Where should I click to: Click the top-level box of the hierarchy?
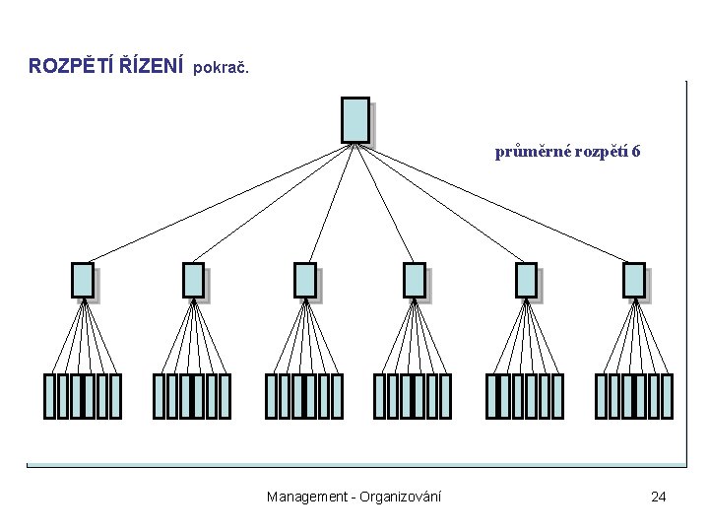click(x=354, y=119)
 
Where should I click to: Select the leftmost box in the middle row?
click(x=83, y=280)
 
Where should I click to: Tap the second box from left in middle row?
click(x=194, y=280)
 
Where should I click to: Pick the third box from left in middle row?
click(x=305, y=280)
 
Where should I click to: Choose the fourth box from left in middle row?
click(x=415, y=280)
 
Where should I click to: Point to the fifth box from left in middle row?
click(x=527, y=280)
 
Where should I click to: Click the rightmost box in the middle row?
click(x=634, y=280)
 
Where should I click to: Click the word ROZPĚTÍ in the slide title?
click(x=66, y=67)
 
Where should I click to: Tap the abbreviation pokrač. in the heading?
click(x=222, y=69)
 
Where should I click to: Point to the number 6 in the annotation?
click(x=637, y=153)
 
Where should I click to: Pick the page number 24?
click(x=658, y=497)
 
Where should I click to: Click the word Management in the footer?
click(x=305, y=497)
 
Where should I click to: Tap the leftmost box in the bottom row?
click(x=49, y=396)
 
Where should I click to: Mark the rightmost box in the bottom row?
click(x=667, y=396)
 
